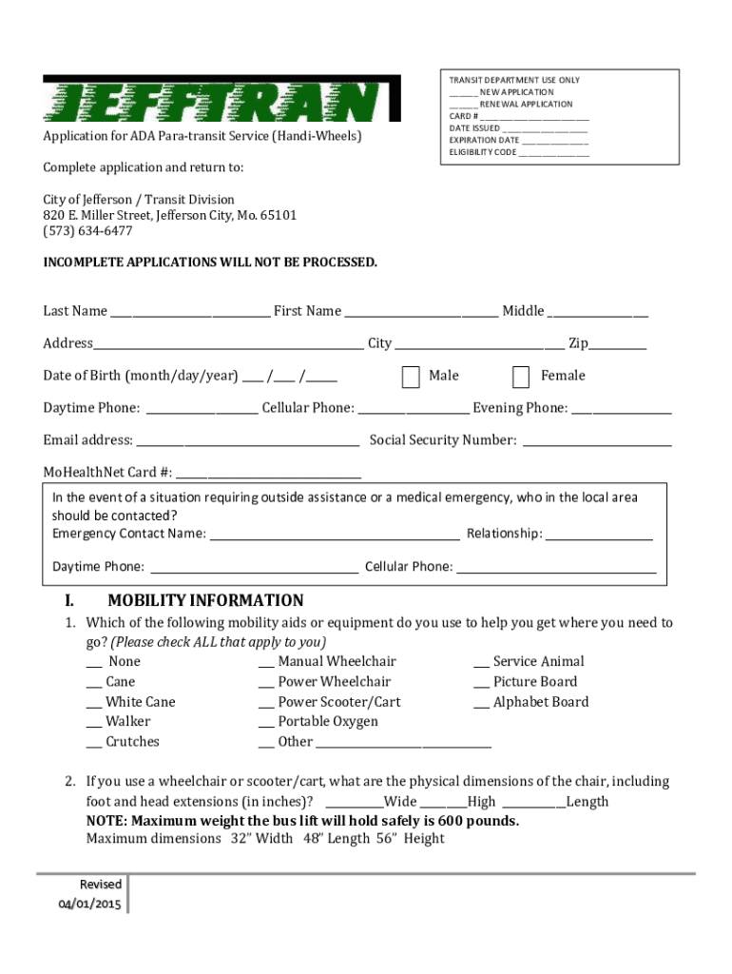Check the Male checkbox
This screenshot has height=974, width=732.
tap(411, 377)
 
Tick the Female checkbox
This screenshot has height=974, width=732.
tap(521, 377)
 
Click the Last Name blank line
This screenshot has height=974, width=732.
tap(189, 315)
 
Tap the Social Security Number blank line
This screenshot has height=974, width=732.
tap(597, 444)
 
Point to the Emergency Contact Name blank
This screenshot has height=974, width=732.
tap(335, 537)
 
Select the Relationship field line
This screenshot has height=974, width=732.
tap(599, 537)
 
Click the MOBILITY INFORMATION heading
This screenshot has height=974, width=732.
tap(205, 601)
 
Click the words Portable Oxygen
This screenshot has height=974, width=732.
tap(328, 722)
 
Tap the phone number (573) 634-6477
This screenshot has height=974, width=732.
tap(87, 231)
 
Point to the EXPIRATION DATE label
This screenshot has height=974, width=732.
tap(484, 140)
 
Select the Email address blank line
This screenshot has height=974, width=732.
tap(247, 444)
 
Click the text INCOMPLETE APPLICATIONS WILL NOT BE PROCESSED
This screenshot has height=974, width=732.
tap(210, 263)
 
